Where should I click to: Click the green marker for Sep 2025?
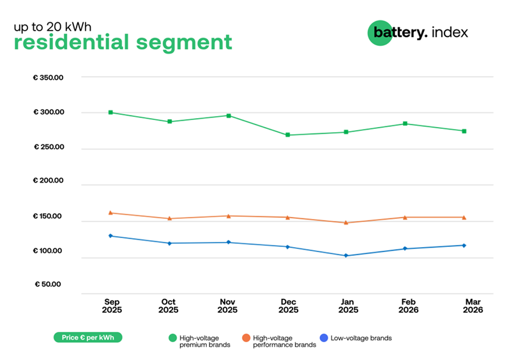(110, 112)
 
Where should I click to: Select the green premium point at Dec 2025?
(287, 135)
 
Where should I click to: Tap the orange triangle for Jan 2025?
(346, 223)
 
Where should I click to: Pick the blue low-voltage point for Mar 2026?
(464, 245)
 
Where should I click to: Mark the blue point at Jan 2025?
(346, 255)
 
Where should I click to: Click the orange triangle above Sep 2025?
(110, 213)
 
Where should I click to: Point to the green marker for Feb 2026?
(405, 123)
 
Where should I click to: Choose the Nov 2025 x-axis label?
(228, 306)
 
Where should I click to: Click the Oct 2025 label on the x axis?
(169, 306)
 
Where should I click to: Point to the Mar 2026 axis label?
(473, 306)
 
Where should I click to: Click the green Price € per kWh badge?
(87, 337)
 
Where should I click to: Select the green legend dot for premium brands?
(172, 338)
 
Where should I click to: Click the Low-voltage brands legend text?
(361, 338)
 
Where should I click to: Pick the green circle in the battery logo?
(379, 33)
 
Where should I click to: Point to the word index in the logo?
(450, 32)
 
